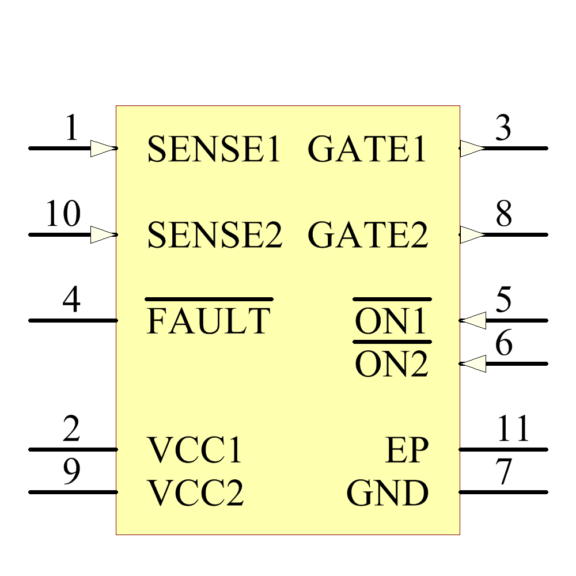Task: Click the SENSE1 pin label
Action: (214, 149)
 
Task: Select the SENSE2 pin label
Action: (214, 236)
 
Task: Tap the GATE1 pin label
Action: (367, 149)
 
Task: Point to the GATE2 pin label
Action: (368, 236)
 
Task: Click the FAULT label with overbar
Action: (209, 321)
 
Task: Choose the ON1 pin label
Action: (392, 321)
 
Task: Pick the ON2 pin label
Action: (392, 365)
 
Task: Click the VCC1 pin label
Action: (195, 450)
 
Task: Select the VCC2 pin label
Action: (196, 494)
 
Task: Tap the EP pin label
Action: (407, 450)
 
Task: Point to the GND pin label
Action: (388, 494)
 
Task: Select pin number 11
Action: (513, 429)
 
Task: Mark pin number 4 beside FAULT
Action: (71, 301)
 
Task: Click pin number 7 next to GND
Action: (504, 472)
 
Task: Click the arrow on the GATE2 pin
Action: (472, 235)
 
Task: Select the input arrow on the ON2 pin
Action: (473, 364)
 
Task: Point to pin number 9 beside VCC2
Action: (71, 472)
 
